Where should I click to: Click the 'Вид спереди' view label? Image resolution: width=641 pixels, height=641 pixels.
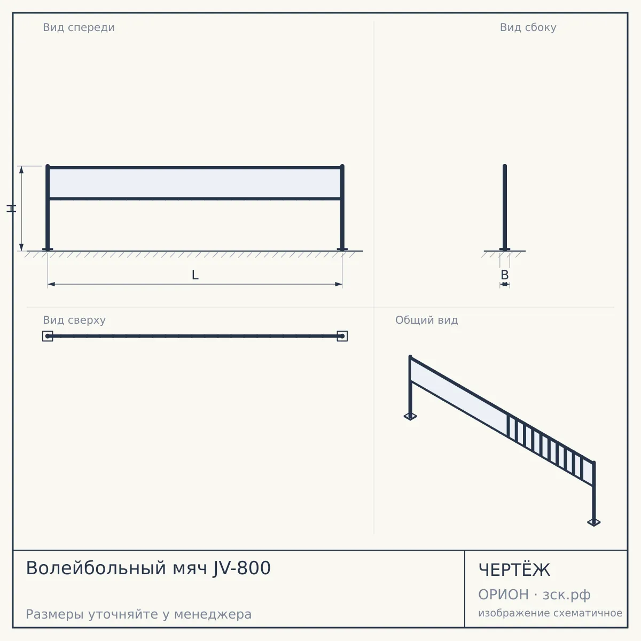(x=79, y=27)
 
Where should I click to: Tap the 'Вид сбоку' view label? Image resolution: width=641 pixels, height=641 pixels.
(x=528, y=27)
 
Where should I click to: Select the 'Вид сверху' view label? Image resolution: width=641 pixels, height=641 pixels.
(x=74, y=320)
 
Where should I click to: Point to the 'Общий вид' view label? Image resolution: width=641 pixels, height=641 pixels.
(x=426, y=320)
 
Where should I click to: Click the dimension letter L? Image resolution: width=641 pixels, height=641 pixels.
(x=195, y=275)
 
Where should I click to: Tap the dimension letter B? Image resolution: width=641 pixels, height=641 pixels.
(x=505, y=275)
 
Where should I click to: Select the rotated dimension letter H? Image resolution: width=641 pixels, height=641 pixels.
(x=11, y=208)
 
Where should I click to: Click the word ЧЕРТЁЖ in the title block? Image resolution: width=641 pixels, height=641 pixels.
(x=514, y=570)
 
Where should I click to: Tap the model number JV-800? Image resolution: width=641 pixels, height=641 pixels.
(x=241, y=568)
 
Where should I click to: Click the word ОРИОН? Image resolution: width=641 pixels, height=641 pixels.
(x=503, y=595)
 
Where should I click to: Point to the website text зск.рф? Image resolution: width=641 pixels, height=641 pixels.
(x=567, y=595)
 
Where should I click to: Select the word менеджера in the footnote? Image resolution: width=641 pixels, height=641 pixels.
(x=213, y=614)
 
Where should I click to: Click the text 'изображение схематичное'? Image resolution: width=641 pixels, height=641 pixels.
(x=550, y=613)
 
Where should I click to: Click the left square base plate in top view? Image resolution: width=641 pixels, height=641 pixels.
(x=48, y=336)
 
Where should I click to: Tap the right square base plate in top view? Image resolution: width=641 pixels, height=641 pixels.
(x=342, y=336)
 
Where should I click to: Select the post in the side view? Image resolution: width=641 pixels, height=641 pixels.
(x=505, y=207)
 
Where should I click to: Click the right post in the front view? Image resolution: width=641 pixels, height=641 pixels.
(x=342, y=207)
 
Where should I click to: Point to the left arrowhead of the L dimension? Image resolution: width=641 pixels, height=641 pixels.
(x=51, y=284)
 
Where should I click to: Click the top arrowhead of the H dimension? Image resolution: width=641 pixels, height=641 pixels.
(x=21, y=169)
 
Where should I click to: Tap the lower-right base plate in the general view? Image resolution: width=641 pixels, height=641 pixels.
(x=594, y=522)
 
